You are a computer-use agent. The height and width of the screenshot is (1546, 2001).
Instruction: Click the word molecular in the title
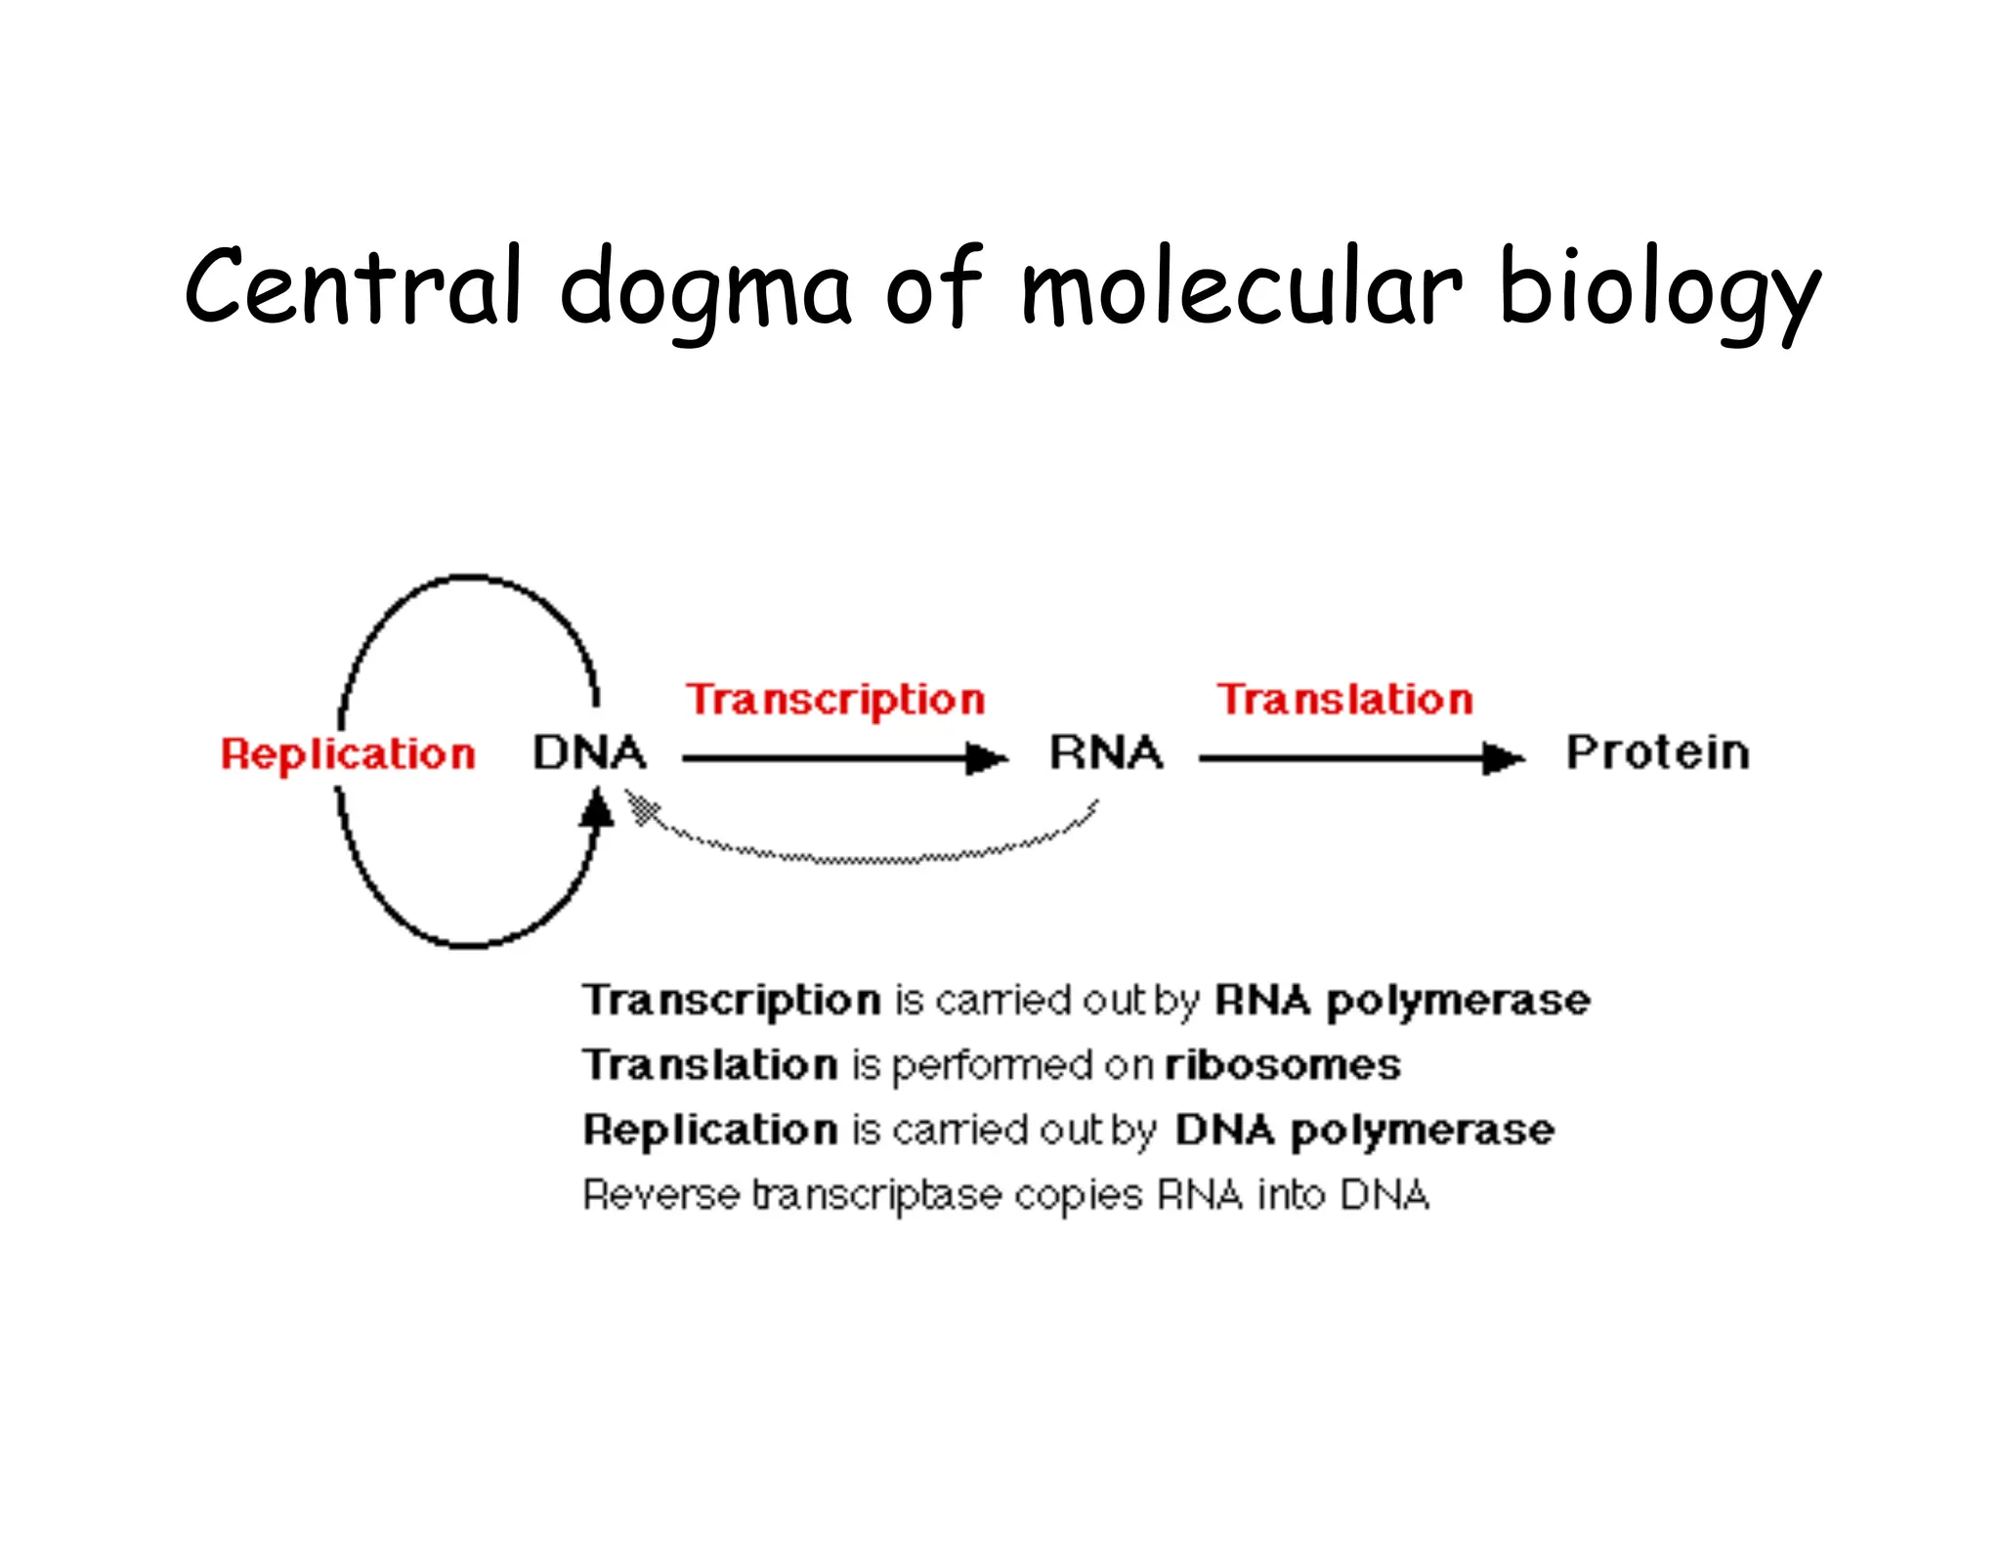pyautogui.click(x=1241, y=287)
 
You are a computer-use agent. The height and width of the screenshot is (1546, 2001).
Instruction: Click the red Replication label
pyautogui.click(x=348, y=754)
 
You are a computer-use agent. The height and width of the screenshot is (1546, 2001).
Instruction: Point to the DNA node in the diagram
pyautogui.click(x=589, y=752)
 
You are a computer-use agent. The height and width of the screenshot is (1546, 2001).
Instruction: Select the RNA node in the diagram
pyautogui.click(x=1105, y=752)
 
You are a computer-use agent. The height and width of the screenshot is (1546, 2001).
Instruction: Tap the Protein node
pyautogui.click(x=1657, y=752)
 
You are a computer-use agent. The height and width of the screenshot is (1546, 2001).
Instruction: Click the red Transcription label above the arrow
pyautogui.click(x=834, y=700)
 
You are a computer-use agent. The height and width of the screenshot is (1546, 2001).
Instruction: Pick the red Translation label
pyautogui.click(x=1344, y=700)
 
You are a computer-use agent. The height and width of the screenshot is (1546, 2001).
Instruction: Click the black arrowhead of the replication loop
pyautogui.click(x=596, y=810)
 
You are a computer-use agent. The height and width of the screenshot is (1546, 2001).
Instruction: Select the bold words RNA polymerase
pyautogui.click(x=1402, y=1000)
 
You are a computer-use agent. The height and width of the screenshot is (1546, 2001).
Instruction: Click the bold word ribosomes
pyautogui.click(x=1282, y=1064)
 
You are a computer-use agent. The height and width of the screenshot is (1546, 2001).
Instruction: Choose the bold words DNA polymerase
pyautogui.click(x=1364, y=1130)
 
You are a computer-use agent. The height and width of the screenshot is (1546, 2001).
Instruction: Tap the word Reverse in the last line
pyautogui.click(x=660, y=1194)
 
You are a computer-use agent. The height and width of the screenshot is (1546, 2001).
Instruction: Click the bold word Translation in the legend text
pyautogui.click(x=710, y=1064)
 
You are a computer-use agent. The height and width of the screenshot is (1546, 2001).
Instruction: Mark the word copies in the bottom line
pyautogui.click(x=1078, y=1196)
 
